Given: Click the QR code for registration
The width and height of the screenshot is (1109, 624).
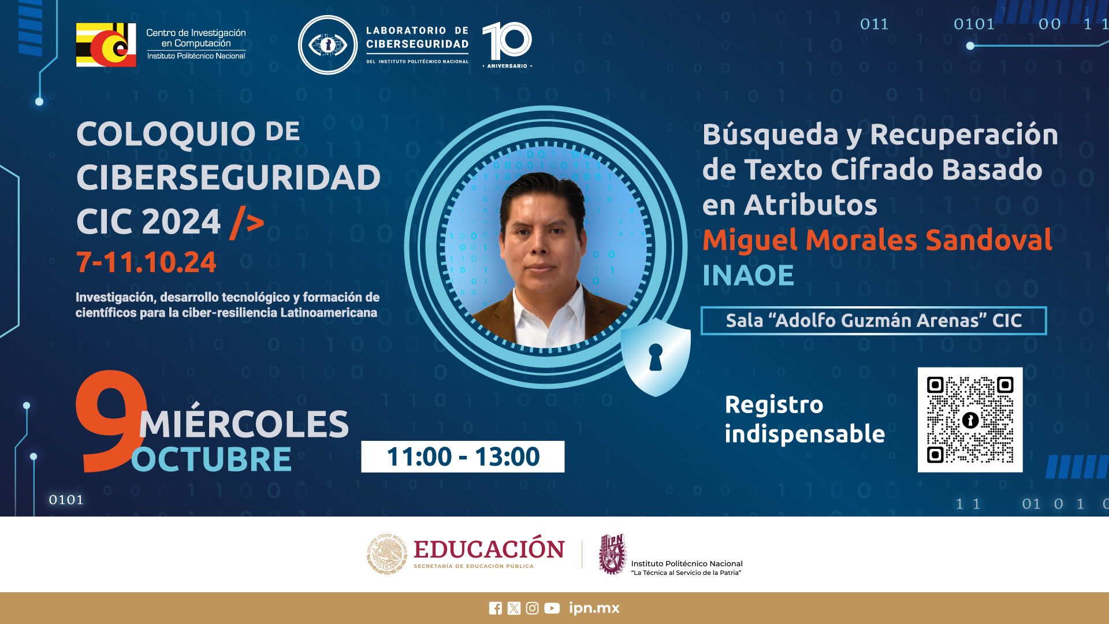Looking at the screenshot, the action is click(970, 419).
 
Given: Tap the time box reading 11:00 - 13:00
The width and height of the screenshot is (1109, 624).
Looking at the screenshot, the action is click(463, 456).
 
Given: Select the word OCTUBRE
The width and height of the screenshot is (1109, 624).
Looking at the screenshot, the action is click(211, 460).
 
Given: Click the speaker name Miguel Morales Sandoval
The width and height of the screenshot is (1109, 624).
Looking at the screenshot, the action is click(877, 240).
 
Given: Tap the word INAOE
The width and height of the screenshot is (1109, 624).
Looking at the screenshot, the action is click(748, 275).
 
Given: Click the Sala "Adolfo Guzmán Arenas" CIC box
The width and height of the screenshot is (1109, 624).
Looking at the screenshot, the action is click(873, 321).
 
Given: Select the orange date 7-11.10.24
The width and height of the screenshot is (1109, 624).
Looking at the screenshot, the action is click(146, 262).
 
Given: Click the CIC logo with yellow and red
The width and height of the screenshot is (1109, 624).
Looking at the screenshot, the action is click(106, 45).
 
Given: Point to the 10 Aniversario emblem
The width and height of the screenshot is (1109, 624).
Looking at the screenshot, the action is click(507, 45).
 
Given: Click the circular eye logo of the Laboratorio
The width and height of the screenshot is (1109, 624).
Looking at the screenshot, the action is click(328, 45).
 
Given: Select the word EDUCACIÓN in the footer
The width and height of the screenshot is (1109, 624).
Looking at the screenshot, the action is click(489, 549).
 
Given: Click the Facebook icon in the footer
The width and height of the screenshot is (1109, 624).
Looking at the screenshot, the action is click(496, 608).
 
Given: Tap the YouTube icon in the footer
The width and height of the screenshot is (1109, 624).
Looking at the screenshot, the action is click(552, 608).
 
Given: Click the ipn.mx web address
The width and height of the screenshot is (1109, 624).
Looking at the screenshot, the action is click(594, 608).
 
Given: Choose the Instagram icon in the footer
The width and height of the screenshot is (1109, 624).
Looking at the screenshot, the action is click(533, 608).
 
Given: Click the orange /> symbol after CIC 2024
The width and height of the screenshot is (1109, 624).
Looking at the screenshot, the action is click(247, 222).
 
